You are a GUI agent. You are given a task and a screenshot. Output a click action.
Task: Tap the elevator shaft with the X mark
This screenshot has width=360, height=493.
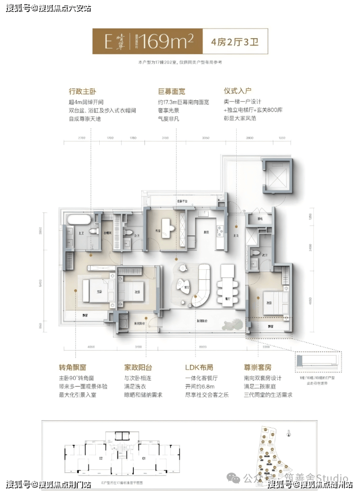click(x=277, y=177)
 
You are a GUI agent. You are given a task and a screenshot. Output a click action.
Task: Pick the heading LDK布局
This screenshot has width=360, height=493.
click(x=199, y=367)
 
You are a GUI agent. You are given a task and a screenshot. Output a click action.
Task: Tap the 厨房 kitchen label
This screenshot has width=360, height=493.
click(x=206, y=232)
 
